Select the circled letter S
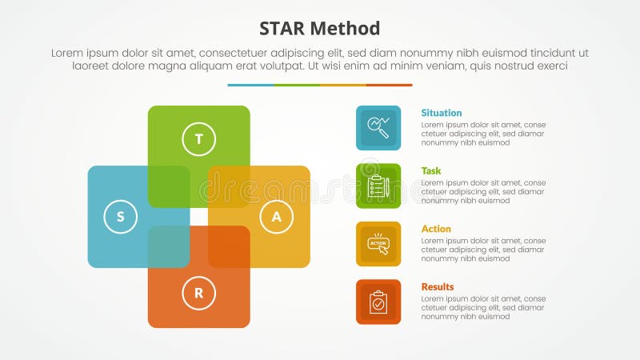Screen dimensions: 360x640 121,216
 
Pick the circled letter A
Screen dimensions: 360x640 277,216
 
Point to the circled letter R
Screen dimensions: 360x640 199,293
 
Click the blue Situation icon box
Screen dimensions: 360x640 378,128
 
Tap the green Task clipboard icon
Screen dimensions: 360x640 378,186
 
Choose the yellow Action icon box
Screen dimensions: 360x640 378,244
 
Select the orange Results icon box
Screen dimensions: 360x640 378,302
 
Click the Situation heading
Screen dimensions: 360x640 442,113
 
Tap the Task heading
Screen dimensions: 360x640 431,170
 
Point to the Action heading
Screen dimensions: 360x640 436,229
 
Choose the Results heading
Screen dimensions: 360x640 438,286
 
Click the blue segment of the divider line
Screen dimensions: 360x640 250,85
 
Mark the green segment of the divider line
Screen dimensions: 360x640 297,85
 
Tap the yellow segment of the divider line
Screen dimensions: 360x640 343,85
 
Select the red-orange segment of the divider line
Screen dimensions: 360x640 390,85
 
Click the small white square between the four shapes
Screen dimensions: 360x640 199,217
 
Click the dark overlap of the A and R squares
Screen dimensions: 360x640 229,246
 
